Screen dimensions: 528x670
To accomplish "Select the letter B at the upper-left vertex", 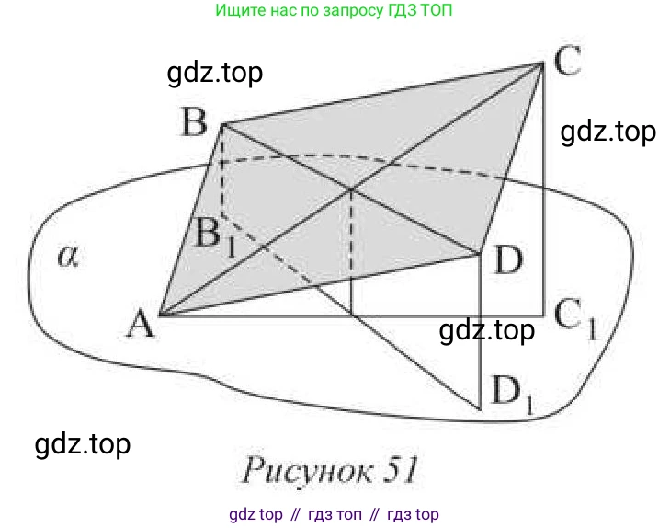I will pos(194,121).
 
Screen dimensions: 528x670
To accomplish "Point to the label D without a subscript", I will pos(507,260).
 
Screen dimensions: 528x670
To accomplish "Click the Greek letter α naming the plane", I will pos(67,257).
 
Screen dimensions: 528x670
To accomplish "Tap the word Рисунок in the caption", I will pos(301,470).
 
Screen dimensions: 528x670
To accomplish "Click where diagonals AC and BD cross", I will pos(352,190).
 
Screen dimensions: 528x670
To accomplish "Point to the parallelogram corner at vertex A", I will pos(161,316).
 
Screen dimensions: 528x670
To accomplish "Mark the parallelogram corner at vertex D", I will pos(481,252).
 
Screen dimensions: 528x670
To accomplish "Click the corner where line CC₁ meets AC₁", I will pos(543,316).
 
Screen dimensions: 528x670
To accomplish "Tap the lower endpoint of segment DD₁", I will pos(481,408).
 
